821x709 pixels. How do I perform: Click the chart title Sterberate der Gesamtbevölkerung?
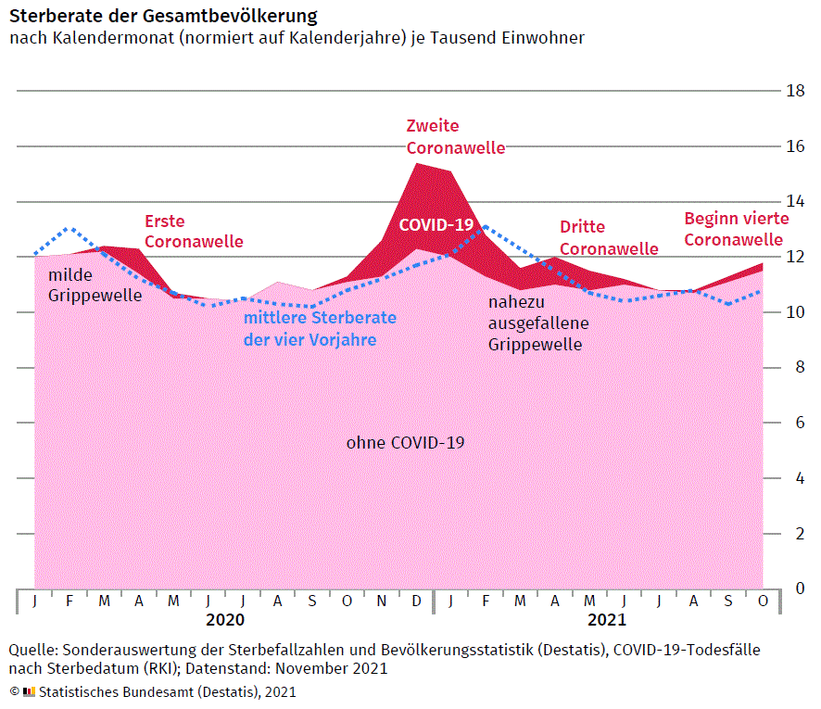[x=163, y=16]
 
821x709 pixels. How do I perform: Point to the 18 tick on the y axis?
[x=795, y=91]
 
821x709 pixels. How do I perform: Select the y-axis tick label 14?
[x=795, y=201]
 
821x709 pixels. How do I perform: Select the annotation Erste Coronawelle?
[x=193, y=231]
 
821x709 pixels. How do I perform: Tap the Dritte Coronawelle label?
[x=608, y=237]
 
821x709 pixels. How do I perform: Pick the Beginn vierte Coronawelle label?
[x=736, y=229]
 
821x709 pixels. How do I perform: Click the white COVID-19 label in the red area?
[x=436, y=224]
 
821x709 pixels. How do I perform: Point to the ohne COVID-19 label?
[x=405, y=443]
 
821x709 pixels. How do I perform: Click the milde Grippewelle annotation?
[x=95, y=285]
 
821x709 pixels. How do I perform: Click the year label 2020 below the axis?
[x=225, y=619]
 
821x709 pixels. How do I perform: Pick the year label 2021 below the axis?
[x=606, y=619]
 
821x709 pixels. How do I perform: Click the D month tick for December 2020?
[x=416, y=601]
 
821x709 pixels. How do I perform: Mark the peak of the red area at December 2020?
[x=416, y=164]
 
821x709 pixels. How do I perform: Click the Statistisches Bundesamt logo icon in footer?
[x=29, y=691]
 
